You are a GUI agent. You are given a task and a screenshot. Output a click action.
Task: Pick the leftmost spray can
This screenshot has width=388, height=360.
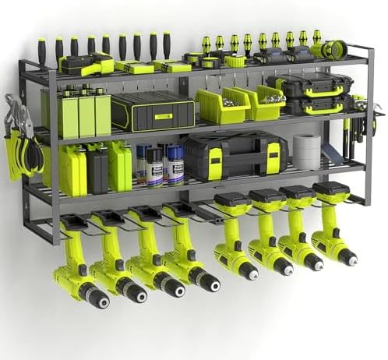pyautogui.click(x=143, y=164)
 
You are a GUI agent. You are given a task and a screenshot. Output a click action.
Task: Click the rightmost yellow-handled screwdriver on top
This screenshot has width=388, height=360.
pyautogui.click(x=317, y=39)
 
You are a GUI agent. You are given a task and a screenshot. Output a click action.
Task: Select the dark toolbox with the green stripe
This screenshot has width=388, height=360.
pyautogui.click(x=153, y=111)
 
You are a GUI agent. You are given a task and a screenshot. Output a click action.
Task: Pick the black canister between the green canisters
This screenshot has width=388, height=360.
pyautogui.click(x=97, y=167)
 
